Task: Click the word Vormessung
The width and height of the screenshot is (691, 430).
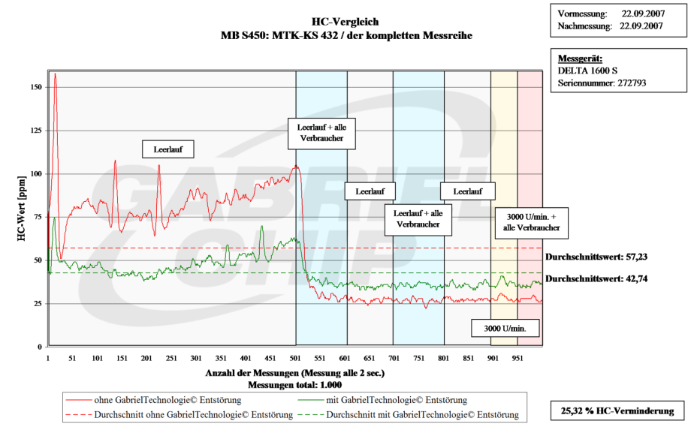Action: (x=582, y=14)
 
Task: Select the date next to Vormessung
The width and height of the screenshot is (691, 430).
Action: (x=642, y=14)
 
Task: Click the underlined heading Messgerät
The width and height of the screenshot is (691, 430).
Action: (x=580, y=59)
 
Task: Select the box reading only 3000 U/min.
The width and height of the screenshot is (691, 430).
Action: (x=505, y=329)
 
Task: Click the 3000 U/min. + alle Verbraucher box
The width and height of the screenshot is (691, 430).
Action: (x=531, y=221)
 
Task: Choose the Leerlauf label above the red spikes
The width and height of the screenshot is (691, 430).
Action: (x=168, y=149)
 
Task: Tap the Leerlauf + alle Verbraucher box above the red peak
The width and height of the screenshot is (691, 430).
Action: (x=321, y=134)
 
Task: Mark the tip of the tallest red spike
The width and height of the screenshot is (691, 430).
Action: (x=55, y=74)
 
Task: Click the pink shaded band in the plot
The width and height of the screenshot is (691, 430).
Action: (x=530, y=150)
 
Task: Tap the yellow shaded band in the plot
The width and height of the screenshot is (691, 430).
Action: (x=504, y=150)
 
